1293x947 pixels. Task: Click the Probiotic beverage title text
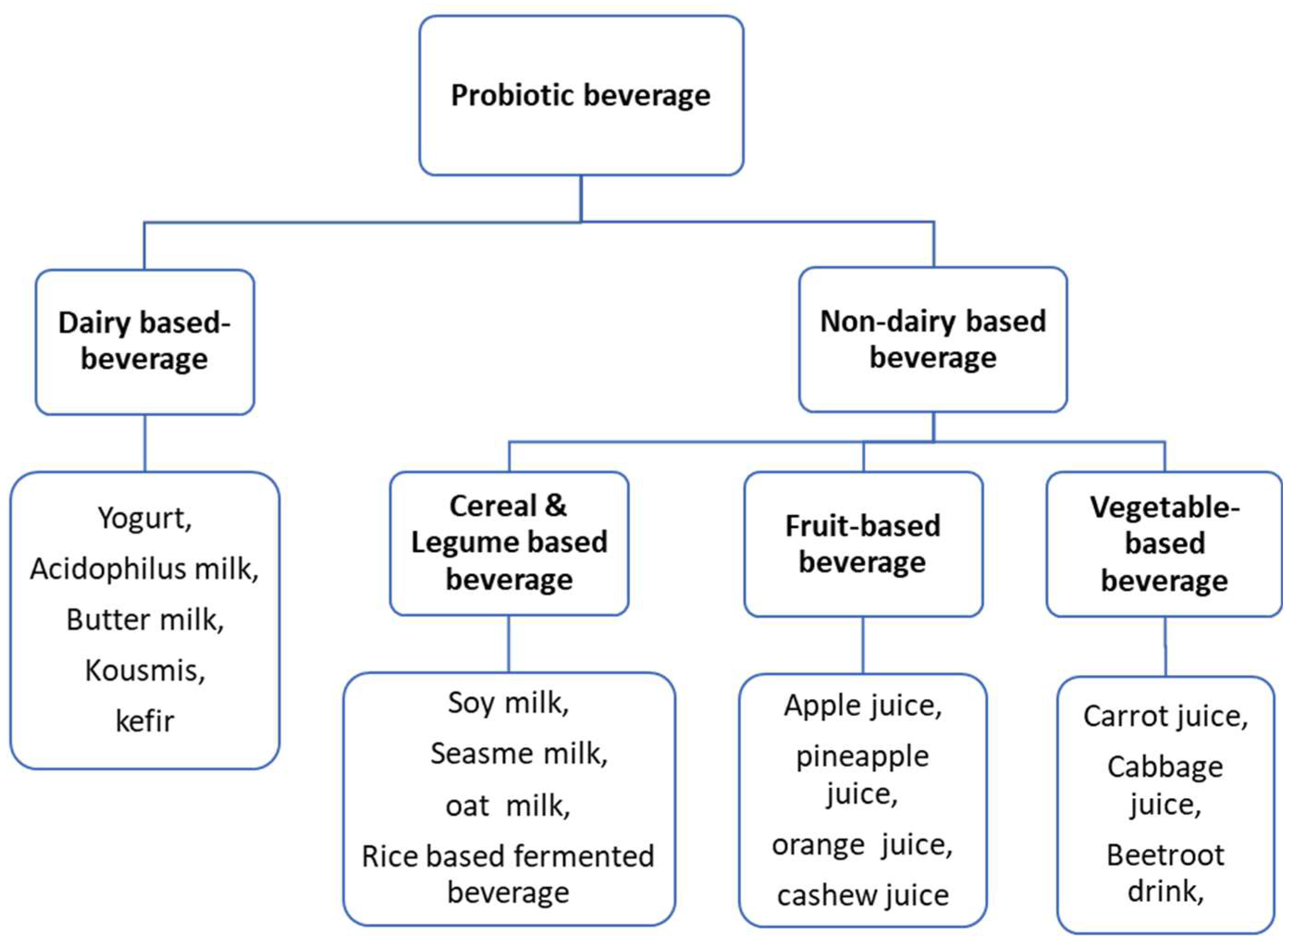click(x=580, y=95)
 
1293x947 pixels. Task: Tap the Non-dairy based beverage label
click(x=932, y=339)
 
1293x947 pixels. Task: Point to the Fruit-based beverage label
click(x=863, y=543)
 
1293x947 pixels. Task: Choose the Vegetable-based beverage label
click(x=1164, y=543)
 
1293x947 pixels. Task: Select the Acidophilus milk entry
click(x=144, y=569)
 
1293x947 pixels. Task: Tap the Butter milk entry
click(x=144, y=620)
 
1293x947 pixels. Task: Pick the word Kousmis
click(x=144, y=670)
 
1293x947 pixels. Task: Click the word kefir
click(x=144, y=721)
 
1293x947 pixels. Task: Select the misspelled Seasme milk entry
click(x=519, y=753)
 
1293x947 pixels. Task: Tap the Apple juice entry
click(x=863, y=705)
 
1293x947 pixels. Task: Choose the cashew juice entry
click(x=863, y=895)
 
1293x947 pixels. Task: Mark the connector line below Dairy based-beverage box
click(x=144, y=443)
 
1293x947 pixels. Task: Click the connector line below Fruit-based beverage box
click(x=863, y=645)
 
